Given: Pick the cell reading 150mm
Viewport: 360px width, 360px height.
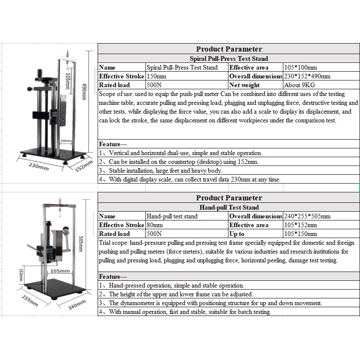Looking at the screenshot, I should [x=156, y=76].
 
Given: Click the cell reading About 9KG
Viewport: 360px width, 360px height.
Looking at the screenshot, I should [x=299, y=85].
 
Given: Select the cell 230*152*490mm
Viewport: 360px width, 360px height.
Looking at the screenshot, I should [x=307, y=76].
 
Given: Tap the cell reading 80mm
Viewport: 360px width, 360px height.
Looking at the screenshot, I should [x=155, y=225].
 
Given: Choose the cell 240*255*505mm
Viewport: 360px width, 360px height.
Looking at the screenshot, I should [x=307, y=216].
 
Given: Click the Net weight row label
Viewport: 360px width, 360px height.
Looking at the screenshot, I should [x=244, y=85].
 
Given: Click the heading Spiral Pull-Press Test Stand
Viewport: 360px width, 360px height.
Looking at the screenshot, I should [x=229, y=59].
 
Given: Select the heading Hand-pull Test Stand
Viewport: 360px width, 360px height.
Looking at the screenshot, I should [x=229, y=207].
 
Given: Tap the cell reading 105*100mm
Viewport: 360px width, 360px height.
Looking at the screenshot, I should [x=300, y=67].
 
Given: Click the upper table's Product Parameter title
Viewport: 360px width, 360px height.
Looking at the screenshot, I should [x=229, y=49].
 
